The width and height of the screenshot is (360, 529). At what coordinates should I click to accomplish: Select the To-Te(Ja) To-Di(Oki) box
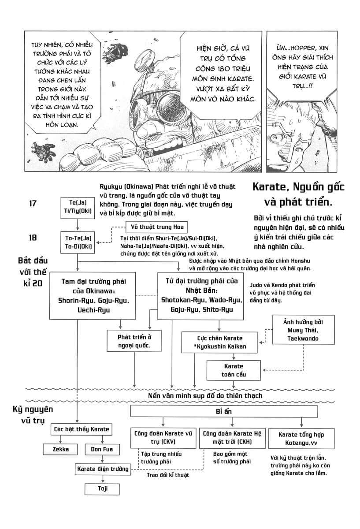coord(77,242)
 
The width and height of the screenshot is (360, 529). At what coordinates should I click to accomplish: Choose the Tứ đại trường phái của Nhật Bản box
coord(200,295)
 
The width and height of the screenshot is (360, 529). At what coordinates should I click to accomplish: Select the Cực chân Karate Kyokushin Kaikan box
coord(220,343)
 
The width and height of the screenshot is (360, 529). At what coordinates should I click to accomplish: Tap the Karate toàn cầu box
coord(233,370)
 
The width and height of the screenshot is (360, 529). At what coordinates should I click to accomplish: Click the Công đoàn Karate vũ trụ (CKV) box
coord(163,437)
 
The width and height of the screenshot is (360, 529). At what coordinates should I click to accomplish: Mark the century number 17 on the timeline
coord(33,204)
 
